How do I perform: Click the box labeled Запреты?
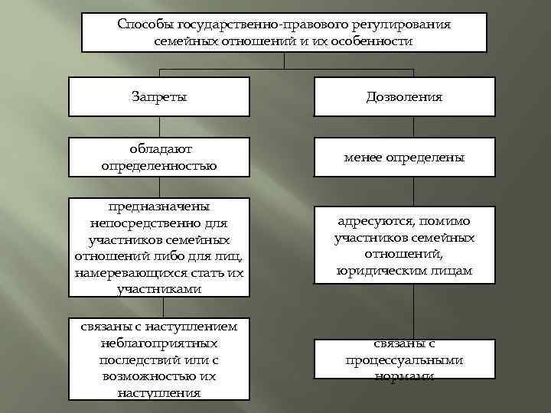pos(159,97)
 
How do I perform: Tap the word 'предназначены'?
pos(159,206)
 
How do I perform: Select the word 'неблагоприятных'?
pos(159,343)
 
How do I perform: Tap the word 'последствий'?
pos(135,360)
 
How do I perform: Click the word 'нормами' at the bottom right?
pos(404,376)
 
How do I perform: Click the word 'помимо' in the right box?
pos(446,221)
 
